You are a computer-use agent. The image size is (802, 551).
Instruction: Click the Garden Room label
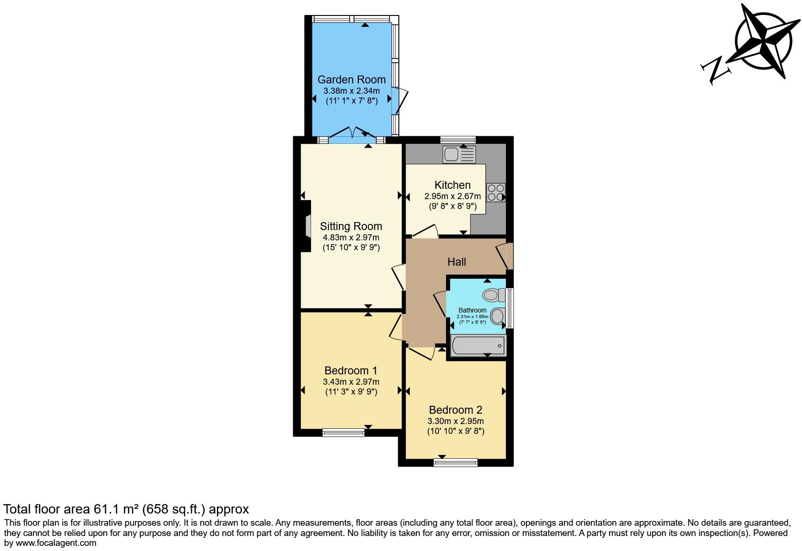351,79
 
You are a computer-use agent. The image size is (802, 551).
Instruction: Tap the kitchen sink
459,154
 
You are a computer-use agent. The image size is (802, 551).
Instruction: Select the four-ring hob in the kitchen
496,193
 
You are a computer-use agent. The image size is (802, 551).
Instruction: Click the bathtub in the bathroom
478,346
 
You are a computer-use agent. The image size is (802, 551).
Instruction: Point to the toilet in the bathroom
493,295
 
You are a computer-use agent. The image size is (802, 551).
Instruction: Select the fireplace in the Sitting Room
306,226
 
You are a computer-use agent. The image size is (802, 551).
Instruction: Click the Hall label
456,262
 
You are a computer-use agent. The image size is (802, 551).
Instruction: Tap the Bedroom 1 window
343,432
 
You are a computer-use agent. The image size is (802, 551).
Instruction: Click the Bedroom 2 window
455,462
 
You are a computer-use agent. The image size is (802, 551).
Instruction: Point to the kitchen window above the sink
458,139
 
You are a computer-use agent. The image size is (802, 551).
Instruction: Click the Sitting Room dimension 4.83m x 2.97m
351,238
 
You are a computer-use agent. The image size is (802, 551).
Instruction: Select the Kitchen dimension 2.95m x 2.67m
453,196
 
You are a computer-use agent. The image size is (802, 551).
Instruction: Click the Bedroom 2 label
455,410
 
